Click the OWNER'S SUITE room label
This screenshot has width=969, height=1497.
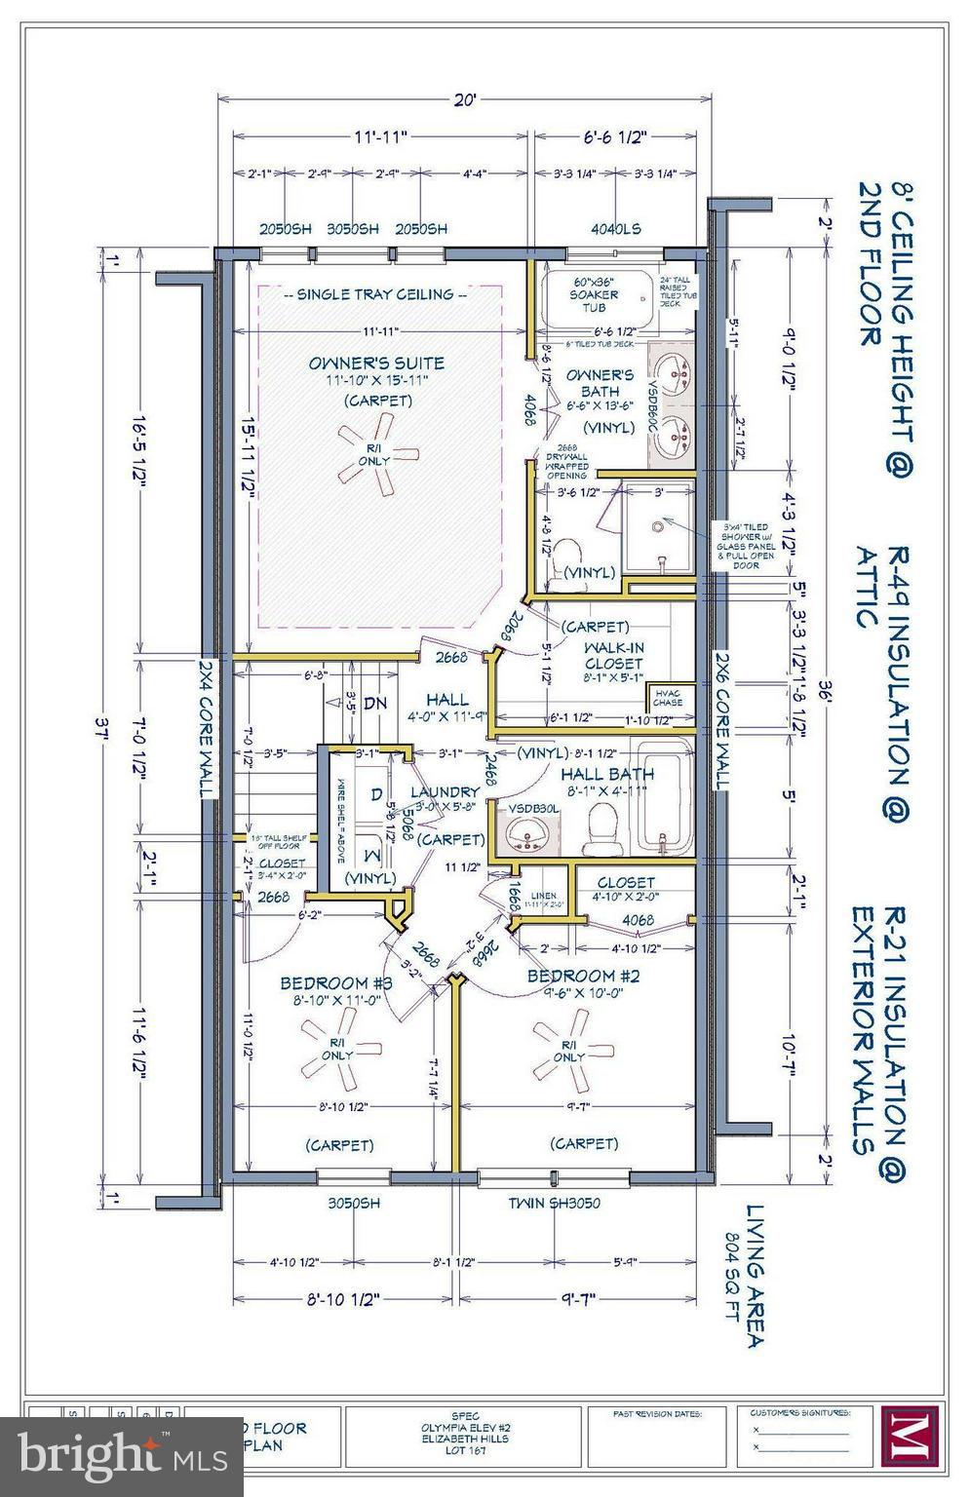[376, 364]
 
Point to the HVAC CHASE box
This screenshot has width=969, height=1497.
[668, 696]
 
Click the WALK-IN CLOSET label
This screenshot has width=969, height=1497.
[613, 655]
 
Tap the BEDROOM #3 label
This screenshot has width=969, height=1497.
[335, 983]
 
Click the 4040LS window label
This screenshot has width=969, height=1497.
[615, 229]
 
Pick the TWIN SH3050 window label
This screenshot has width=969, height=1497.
[554, 1203]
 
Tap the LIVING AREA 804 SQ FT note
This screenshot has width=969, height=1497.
[756, 1276]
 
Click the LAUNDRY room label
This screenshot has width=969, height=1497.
[445, 792]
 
